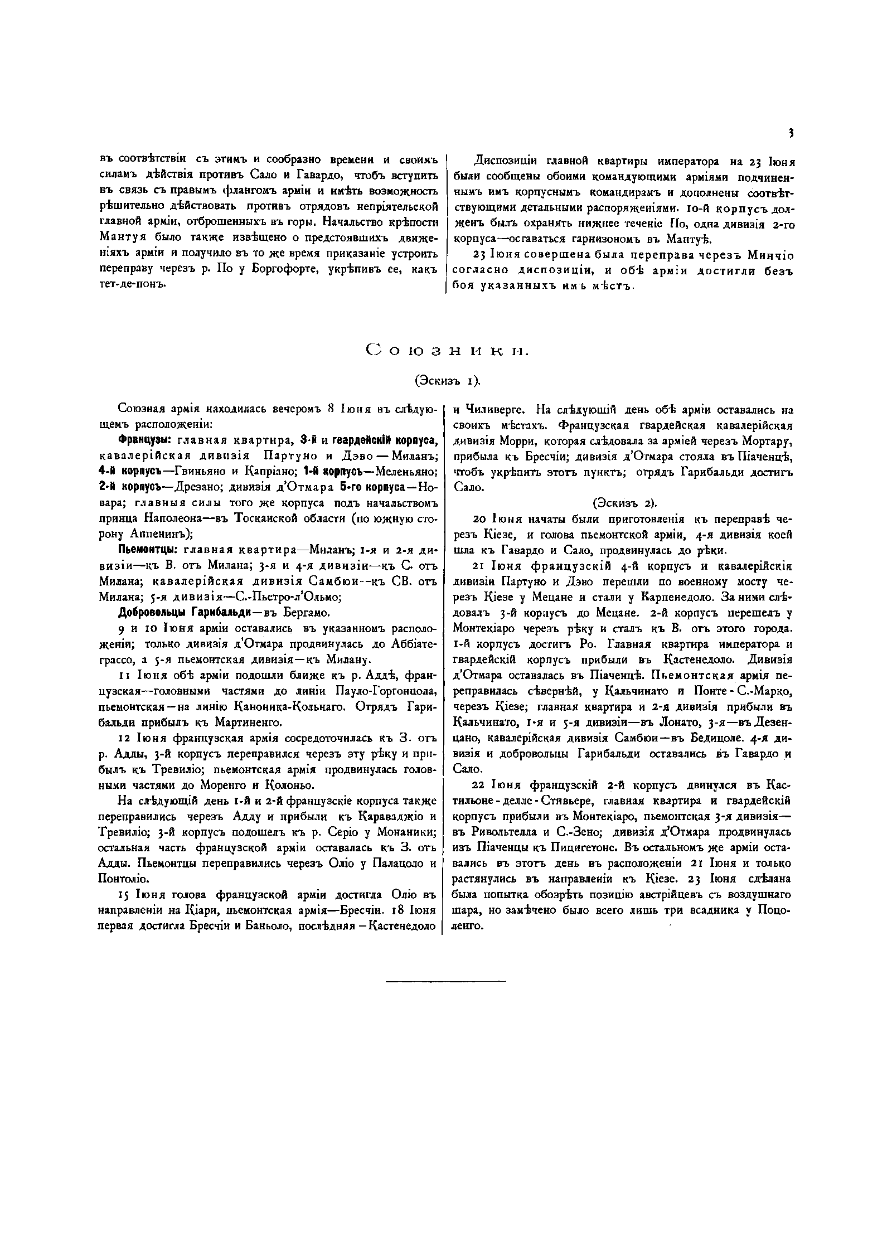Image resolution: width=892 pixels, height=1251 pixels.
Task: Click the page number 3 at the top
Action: (x=791, y=133)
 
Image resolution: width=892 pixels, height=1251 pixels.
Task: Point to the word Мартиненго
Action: (x=251, y=723)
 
